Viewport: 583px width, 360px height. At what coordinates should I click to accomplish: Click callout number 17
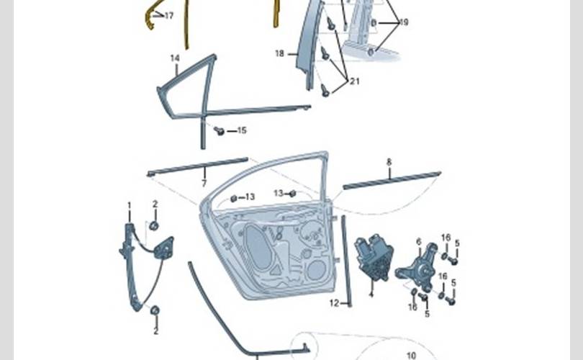pos(169,16)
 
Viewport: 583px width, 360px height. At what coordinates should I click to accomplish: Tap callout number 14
pos(175,58)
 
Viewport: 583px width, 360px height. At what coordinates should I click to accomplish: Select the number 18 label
pos(279,53)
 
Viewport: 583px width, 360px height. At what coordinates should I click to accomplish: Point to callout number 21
pos(355,81)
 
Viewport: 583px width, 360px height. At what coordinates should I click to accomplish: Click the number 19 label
pos(403,22)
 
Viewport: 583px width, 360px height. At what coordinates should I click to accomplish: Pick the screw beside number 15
pos(219,130)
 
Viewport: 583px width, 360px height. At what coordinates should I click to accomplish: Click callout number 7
pos(204,183)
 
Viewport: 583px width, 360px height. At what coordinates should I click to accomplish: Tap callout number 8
pos(389,162)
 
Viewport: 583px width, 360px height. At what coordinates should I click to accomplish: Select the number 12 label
pos(334,303)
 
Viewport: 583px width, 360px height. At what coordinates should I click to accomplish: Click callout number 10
pos(411,356)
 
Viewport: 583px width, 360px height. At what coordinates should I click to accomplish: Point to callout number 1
pos(130,206)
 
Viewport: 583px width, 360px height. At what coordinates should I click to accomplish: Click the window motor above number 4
pos(374,257)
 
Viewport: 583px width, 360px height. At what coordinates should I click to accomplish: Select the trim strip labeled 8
pos(392,181)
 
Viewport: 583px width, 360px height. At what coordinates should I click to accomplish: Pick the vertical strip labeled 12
pos(346,261)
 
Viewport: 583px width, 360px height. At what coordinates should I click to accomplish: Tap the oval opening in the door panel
pos(258,247)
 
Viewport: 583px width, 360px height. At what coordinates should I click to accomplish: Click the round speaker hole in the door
pos(317,269)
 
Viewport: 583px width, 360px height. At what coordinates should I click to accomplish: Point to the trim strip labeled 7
pos(197,166)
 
